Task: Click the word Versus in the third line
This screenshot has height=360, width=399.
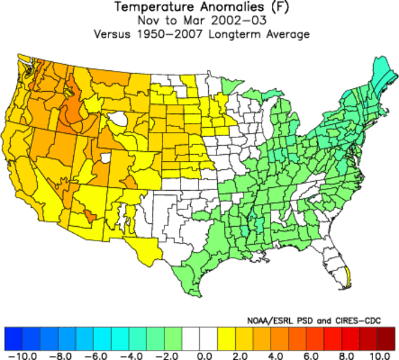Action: [x=112, y=34]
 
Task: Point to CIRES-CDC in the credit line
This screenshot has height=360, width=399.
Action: [x=358, y=320]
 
